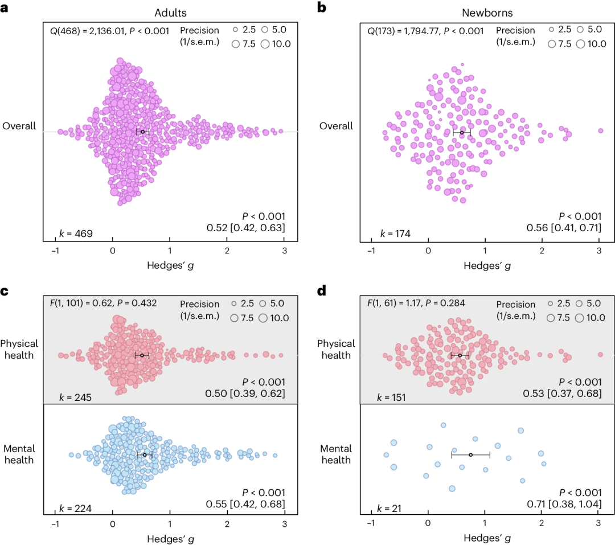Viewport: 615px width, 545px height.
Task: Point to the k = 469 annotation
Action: click(x=76, y=233)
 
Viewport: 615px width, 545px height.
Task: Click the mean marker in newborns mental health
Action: click(x=470, y=454)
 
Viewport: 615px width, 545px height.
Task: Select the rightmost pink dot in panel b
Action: click(x=600, y=130)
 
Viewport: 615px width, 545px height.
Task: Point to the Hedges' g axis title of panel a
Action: click(x=170, y=265)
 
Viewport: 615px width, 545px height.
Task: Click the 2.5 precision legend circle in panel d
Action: click(x=551, y=304)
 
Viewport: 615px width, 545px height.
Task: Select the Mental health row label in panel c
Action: click(x=19, y=454)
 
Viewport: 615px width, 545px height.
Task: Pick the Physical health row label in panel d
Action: click(x=335, y=349)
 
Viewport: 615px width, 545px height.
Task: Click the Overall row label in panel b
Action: click(x=335, y=126)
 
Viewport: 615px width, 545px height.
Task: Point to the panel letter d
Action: click(x=322, y=290)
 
